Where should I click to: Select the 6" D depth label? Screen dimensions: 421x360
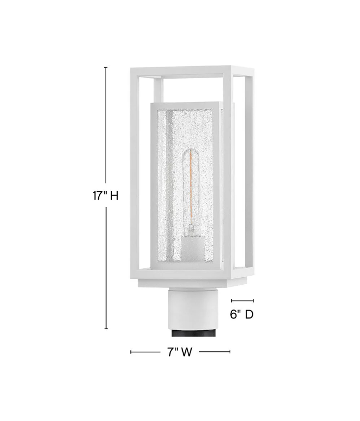point(242,314)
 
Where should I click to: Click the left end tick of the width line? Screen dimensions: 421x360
point(131,352)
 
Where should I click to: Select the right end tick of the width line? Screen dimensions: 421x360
point(230,352)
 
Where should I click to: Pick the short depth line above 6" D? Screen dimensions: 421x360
point(242,301)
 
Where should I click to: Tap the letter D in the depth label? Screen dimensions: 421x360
point(249,314)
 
